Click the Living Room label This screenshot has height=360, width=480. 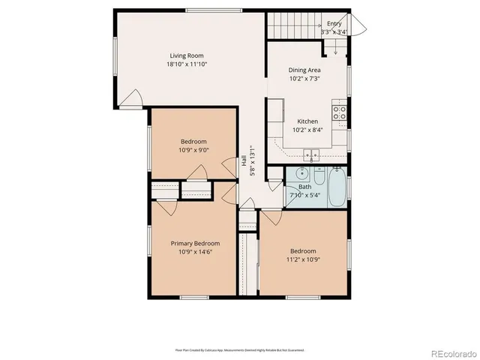coord(186,55)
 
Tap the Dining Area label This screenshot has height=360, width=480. coord(305,70)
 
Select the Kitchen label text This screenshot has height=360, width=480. coord(307,121)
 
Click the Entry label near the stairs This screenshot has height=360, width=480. coord(334,24)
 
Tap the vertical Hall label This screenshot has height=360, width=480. coord(244,161)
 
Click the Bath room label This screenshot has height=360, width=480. coord(304,187)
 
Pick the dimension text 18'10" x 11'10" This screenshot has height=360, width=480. coord(186,64)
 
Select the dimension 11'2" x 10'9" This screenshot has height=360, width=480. coord(304,259)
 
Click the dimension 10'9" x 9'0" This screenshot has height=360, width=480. coord(193,150)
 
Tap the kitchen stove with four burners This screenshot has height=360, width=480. coord(340,113)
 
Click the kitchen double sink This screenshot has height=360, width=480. coord(311,156)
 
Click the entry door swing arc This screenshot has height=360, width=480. coord(358,27)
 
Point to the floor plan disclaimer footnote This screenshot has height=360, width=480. coord(240,349)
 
